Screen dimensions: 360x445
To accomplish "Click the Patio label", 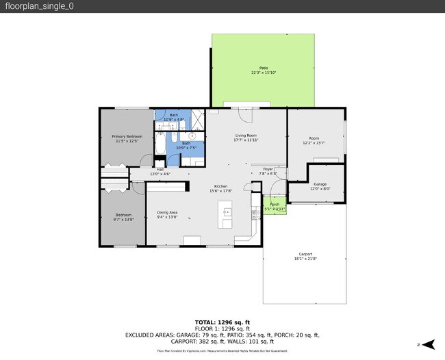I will pyautogui.click(x=263, y=68).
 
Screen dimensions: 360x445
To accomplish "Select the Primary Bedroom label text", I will pyautogui.click(x=127, y=137).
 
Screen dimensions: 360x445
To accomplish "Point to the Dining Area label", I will pyautogui.click(x=167, y=212).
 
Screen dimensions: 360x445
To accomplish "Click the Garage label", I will pyautogui.click(x=320, y=184).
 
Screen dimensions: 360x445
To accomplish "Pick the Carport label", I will pyautogui.click(x=305, y=254).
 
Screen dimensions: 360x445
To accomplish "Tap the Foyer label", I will pyautogui.click(x=268, y=169).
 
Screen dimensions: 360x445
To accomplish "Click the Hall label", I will pyautogui.click(x=160, y=169).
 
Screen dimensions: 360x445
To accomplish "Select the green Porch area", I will pyautogui.click(x=274, y=205).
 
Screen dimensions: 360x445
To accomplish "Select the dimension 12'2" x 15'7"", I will pyautogui.click(x=314, y=142).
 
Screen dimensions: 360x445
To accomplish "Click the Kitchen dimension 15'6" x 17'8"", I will pyautogui.click(x=220, y=191).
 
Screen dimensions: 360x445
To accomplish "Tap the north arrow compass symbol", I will pyautogui.click(x=429, y=344).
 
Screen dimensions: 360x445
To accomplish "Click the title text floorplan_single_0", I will pyautogui.click(x=31, y=6).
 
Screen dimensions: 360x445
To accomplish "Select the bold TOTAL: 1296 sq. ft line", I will pyautogui.click(x=222, y=322).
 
